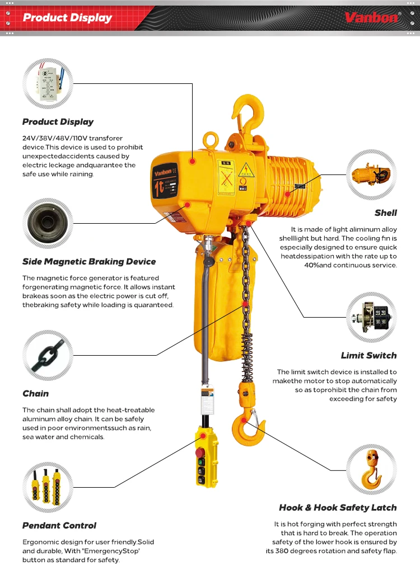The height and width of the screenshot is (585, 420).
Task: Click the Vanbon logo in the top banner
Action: point(372,18)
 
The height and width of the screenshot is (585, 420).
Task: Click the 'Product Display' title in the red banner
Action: point(67,18)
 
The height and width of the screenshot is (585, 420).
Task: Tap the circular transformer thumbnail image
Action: point(48,83)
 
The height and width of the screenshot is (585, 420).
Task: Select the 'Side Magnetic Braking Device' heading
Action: point(89,262)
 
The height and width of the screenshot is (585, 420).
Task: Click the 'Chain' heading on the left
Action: point(35,394)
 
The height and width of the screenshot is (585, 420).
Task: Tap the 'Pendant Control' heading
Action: point(59,526)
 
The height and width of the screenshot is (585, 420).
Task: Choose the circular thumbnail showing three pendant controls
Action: point(48,487)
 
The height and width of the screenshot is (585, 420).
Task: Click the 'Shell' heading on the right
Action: point(386,213)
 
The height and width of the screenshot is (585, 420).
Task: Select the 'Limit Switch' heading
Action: point(368,356)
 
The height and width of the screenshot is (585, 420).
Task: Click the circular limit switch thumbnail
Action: point(371,318)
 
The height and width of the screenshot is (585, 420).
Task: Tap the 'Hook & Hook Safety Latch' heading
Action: point(338,508)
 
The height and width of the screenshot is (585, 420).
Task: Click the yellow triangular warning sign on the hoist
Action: point(245,170)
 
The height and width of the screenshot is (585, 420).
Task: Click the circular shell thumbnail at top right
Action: point(371,174)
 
